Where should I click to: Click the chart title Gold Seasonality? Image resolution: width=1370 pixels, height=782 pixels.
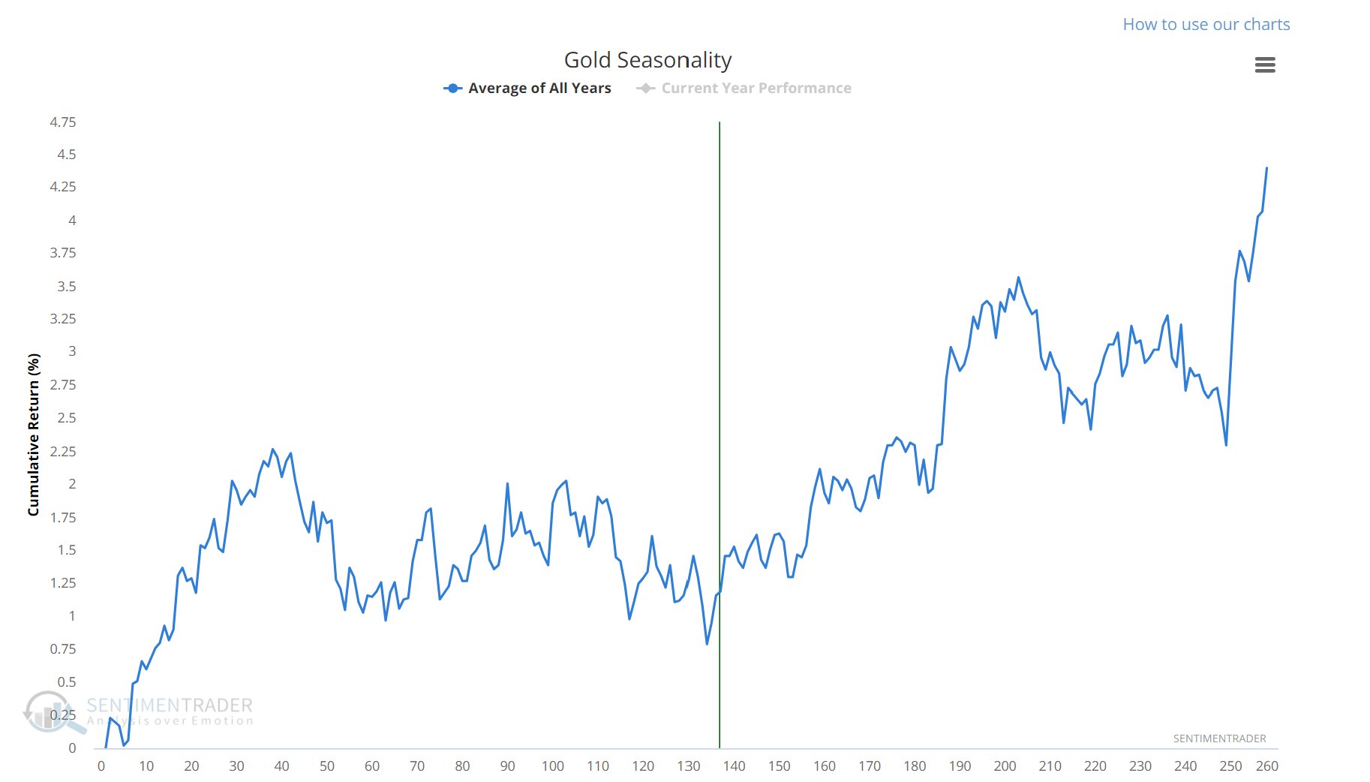647,60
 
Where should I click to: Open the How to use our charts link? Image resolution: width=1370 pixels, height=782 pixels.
1206,24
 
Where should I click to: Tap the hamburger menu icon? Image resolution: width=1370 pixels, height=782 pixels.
1265,65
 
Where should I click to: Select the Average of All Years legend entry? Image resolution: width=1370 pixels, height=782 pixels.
539,88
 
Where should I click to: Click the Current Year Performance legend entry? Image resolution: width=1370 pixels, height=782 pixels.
756,88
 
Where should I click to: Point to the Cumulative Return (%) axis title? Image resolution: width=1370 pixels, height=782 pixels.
33,435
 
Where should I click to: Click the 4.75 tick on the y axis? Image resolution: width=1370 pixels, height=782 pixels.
63,122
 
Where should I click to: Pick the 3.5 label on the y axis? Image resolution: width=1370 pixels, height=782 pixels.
67,287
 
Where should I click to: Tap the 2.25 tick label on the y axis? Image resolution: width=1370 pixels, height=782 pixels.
63,451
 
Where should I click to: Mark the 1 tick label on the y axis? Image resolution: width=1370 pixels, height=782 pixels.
72,616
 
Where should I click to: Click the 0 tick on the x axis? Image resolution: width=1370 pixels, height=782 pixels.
101,766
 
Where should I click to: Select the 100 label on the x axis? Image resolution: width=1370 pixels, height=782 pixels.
553,766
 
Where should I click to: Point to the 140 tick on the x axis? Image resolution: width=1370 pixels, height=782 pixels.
734,766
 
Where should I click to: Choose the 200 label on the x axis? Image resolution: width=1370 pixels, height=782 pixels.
1005,766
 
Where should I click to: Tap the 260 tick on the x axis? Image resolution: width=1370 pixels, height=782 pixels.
1267,766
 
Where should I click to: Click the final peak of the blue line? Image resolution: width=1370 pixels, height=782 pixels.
1266,169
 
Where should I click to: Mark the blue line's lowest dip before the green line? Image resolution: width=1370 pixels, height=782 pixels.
707,643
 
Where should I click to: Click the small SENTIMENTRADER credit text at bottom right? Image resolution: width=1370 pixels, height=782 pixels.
1219,738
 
